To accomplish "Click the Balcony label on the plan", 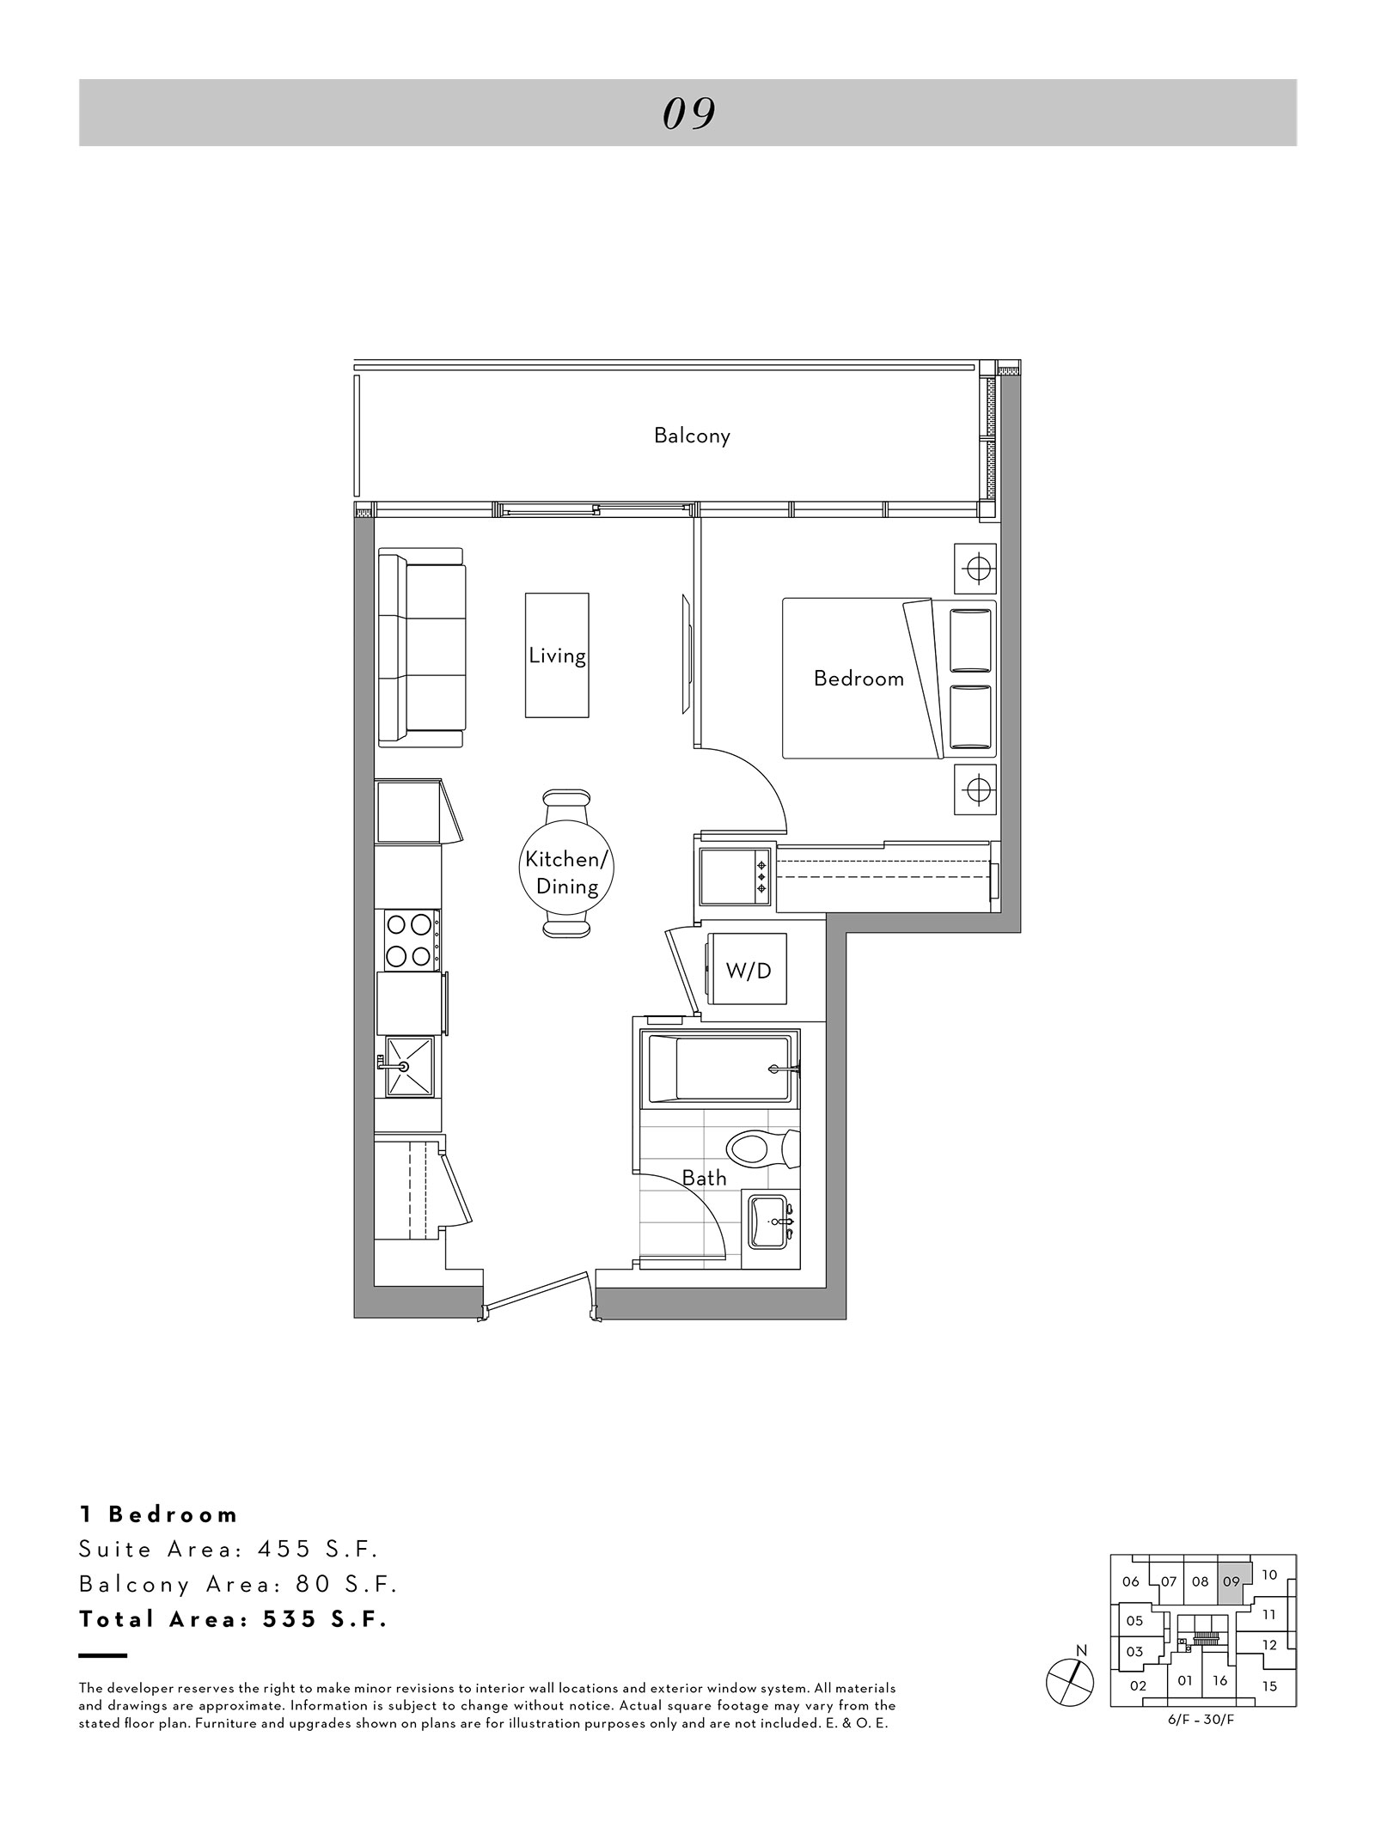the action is tap(692, 436).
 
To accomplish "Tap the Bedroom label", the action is tap(859, 679).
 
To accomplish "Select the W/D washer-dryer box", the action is tap(747, 969).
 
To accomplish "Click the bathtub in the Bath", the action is tap(720, 1069).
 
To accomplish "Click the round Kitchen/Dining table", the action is tap(567, 873).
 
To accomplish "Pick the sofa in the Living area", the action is tap(421, 648).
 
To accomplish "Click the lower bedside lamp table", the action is tap(975, 788).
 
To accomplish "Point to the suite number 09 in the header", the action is tap(689, 113).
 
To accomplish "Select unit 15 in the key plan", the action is tap(1270, 1686).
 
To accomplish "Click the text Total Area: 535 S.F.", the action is tap(234, 1619).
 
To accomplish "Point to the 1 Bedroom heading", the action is tap(159, 1514).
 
